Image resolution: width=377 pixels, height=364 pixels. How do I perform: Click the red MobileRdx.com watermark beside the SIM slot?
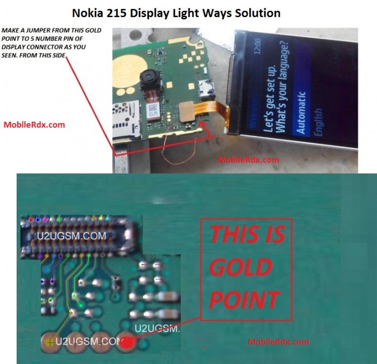[x=34, y=125]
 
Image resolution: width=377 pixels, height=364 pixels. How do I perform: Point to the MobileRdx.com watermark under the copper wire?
[x=248, y=160]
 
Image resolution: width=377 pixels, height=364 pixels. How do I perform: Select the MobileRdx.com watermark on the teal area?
[x=278, y=342]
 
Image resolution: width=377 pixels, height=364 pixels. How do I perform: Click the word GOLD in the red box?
[x=241, y=268]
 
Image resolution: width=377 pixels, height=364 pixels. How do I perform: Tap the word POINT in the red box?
[x=245, y=300]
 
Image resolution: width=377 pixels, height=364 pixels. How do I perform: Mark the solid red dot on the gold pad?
[x=127, y=342]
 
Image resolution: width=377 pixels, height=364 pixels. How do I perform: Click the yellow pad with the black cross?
[x=50, y=342]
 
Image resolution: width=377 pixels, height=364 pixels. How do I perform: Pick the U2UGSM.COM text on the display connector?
[x=71, y=236]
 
